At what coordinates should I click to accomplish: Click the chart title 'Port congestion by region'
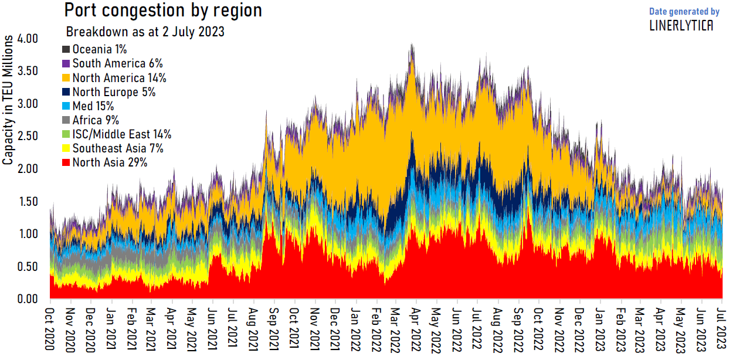[162, 11]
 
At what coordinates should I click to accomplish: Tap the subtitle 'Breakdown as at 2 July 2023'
[145, 32]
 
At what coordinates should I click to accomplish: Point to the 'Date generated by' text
[684, 11]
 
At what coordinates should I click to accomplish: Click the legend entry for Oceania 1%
[99, 50]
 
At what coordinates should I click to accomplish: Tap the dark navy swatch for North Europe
[66, 92]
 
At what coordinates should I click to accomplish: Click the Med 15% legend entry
[93, 106]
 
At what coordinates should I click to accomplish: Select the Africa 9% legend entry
[96, 120]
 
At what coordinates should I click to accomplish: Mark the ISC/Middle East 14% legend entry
[121, 134]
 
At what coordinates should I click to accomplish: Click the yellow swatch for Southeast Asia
[66, 148]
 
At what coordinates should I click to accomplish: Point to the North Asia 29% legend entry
[110, 162]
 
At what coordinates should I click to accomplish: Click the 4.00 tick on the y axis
[28, 39]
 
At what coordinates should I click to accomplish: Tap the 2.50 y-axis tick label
[28, 137]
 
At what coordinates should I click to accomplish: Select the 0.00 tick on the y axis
[28, 300]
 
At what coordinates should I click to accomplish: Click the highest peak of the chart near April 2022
[412, 45]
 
